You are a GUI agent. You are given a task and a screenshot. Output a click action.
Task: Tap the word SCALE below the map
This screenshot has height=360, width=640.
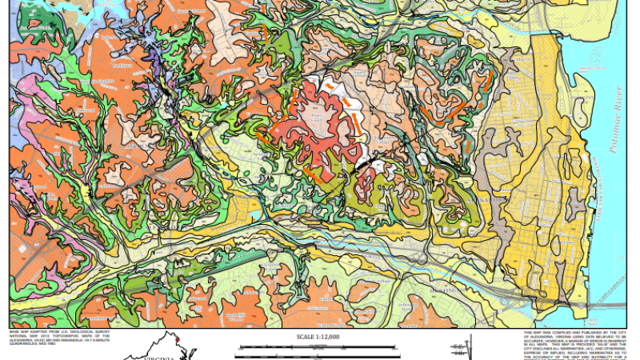306,337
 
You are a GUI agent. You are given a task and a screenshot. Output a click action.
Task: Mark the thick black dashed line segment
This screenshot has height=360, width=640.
364,161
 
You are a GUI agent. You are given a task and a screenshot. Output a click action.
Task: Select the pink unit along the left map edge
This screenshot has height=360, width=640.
18,88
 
